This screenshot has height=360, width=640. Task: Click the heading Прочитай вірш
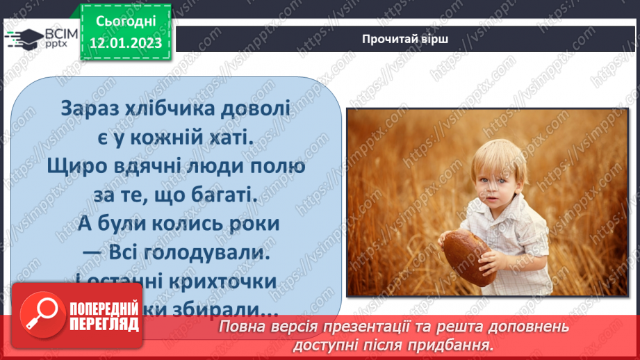405,39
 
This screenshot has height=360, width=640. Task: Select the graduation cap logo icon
25,39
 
